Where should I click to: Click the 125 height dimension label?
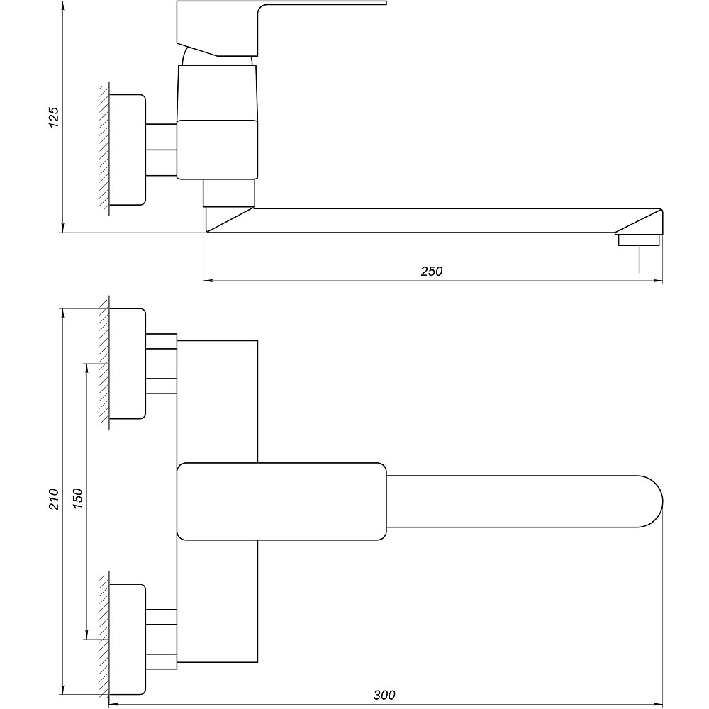point(54,117)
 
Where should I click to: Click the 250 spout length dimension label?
point(431,272)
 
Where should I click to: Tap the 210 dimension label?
point(54,499)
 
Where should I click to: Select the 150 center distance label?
point(78,499)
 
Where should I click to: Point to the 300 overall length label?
point(384,695)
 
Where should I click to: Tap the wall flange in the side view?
point(128,150)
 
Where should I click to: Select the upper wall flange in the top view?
point(128,364)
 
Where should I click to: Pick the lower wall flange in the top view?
point(128,639)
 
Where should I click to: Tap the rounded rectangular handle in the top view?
point(281,501)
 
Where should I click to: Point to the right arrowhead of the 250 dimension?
point(659,281)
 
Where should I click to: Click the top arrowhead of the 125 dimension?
point(63,6)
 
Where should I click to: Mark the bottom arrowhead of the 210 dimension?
point(63,690)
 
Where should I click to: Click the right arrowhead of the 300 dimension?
point(659,705)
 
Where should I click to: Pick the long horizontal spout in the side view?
point(434,220)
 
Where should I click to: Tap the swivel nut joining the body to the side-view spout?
point(229,193)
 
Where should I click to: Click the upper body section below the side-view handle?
point(218,93)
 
